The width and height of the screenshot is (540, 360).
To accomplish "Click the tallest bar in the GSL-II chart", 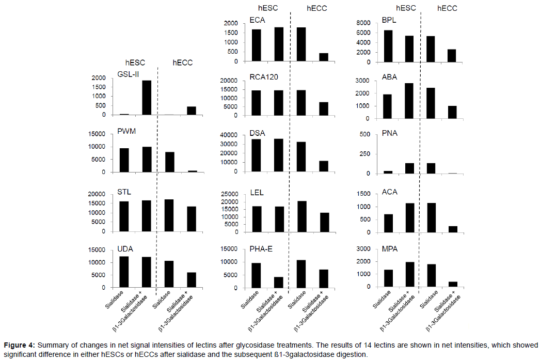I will (147, 98).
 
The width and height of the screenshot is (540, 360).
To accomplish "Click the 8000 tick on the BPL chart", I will (364, 23).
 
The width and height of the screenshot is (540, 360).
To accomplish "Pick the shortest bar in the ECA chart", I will (323, 57).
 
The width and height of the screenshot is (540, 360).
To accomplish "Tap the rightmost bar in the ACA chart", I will (453, 229).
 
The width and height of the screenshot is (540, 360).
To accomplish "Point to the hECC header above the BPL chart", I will (447, 8).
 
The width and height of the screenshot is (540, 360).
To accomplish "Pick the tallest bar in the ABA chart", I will (408, 101).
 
